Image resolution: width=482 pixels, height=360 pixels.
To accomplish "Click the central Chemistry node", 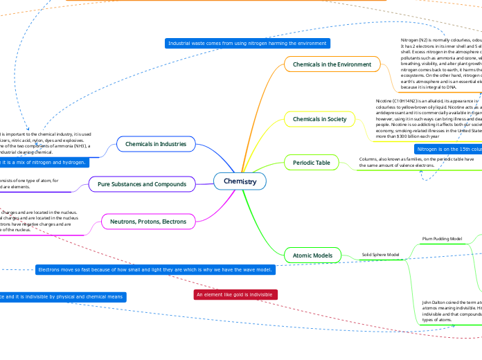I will (x=240, y=181).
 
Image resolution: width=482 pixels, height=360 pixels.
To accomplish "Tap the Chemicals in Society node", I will (x=319, y=119).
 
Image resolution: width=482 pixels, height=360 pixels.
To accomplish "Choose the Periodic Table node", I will (x=311, y=162).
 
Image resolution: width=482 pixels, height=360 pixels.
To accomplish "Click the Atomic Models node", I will (x=312, y=255).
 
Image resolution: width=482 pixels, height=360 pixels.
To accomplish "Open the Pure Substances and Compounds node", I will (x=142, y=184).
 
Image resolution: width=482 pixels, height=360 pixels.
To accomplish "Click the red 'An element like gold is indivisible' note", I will (x=235, y=295).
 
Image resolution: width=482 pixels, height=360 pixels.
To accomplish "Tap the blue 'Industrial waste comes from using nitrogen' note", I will (x=247, y=43).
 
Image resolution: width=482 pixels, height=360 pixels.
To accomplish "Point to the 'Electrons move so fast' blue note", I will (x=155, y=269).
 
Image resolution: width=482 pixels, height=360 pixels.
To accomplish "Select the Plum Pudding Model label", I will (x=442, y=239).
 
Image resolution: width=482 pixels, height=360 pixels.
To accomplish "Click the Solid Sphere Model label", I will (x=380, y=255).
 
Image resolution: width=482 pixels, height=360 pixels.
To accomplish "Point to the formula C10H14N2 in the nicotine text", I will (x=406, y=100).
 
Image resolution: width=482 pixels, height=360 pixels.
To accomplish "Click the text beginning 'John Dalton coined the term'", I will (x=450, y=303).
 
